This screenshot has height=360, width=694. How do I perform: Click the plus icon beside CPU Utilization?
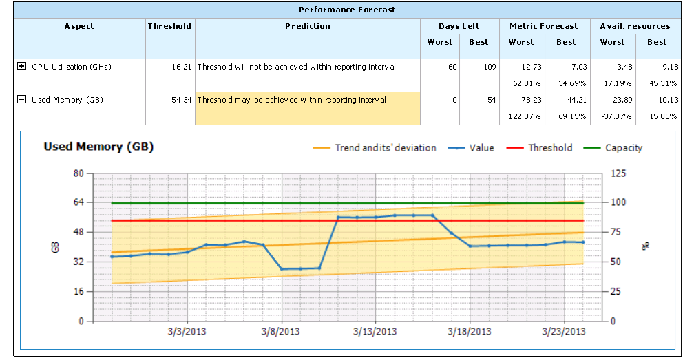point(21,67)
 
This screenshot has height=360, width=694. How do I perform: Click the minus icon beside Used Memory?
point(21,100)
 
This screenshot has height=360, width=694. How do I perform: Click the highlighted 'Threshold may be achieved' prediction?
point(292,100)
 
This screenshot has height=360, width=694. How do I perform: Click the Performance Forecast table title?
point(347,10)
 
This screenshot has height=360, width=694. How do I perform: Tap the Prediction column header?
point(308,26)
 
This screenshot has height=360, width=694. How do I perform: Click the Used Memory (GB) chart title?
point(98,147)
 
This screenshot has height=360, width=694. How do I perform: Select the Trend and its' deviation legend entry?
point(385,148)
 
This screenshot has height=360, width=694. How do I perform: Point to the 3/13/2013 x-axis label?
point(375,332)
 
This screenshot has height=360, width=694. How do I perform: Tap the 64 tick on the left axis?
point(78,202)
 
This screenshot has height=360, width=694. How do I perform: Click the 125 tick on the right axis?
point(619,173)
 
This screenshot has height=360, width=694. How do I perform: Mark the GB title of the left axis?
point(56,246)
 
